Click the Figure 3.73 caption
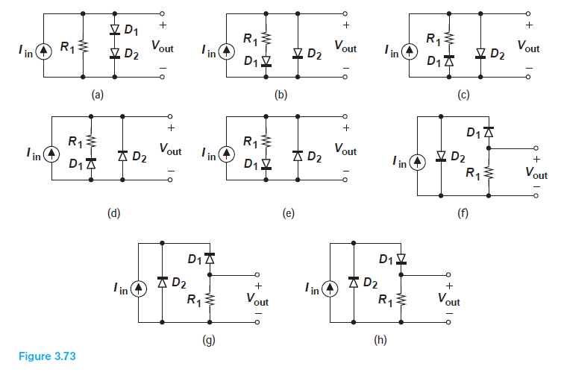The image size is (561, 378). tap(46, 356)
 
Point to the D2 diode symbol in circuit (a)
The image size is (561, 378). tap(113, 54)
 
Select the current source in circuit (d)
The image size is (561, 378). tap(51, 155)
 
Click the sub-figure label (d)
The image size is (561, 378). tap(113, 213)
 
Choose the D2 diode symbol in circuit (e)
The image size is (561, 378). tap(298, 157)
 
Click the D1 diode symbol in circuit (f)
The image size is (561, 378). tap(488, 133)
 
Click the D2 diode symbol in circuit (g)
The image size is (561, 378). tap(163, 283)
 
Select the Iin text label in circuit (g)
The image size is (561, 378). tap(117, 288)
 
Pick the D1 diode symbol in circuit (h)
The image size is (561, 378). tap(401, 259)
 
